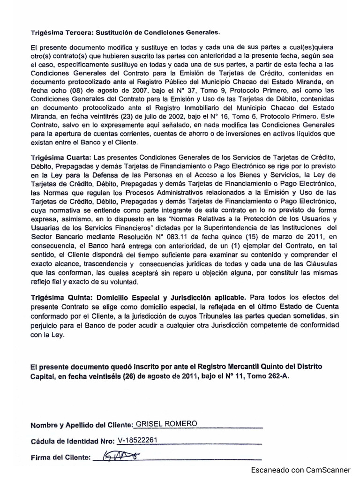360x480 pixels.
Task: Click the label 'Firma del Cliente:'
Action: tap(60, 457)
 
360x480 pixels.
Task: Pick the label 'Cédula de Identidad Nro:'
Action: tap(73, 442)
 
